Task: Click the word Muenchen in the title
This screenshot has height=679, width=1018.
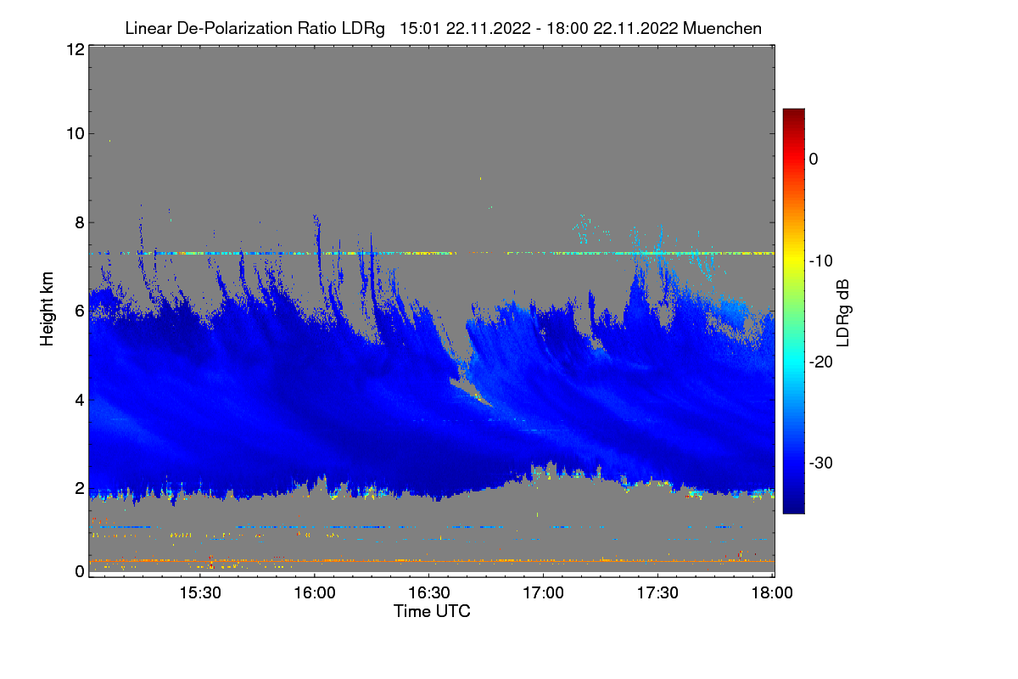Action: (x=722, y=28)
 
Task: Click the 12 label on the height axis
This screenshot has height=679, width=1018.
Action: (x=75, y=49)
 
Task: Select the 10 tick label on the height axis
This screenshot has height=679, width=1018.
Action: (x=75, y=133)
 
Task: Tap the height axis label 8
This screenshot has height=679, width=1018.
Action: (x=79, y=222)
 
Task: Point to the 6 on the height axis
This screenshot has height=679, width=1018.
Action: (x=79, y=311)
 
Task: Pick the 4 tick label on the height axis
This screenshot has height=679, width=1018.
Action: (x=79, y=399)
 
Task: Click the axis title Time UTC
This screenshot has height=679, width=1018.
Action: (x=432, y=611)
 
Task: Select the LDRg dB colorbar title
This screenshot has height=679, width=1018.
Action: (x=843, y=311)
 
